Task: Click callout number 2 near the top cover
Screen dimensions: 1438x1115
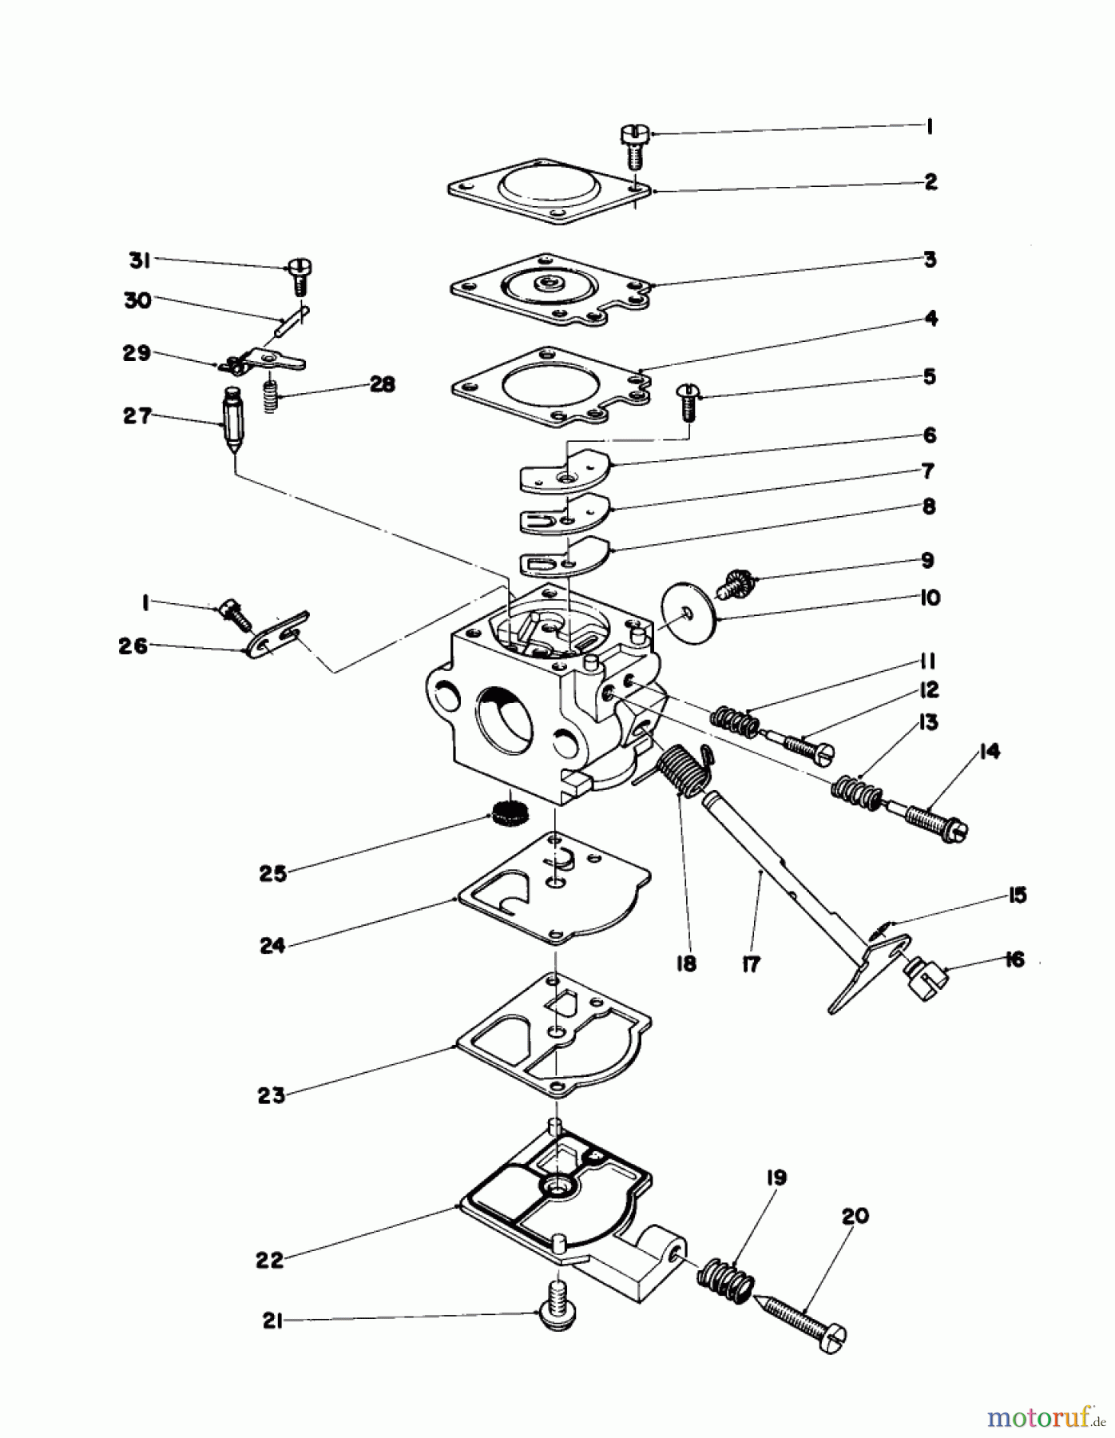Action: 930,182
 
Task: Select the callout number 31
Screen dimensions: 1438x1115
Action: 140,260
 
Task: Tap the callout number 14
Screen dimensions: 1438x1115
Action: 989,751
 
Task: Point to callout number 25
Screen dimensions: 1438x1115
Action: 272,873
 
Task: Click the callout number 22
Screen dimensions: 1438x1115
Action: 270,1260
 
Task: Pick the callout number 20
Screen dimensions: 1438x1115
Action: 855,1216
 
